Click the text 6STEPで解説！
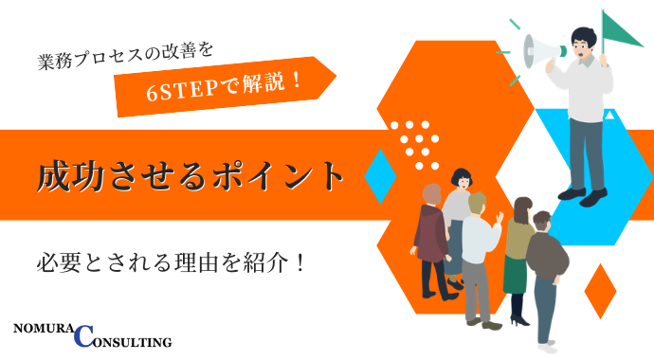225,85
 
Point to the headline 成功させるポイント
189,176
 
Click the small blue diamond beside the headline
380,176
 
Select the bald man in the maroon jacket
432,237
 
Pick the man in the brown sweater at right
547,270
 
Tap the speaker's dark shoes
581,195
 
